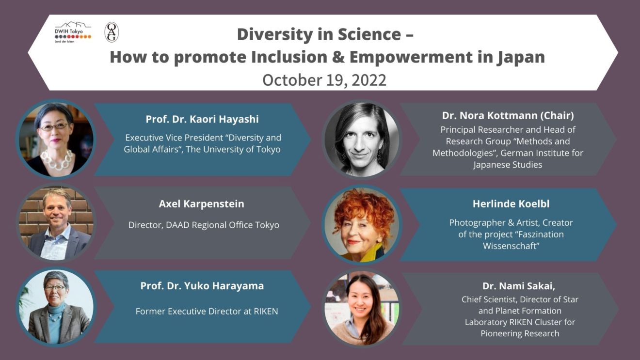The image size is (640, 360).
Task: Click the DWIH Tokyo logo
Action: tap(73, 32)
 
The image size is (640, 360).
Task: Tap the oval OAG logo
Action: tap(112, 32)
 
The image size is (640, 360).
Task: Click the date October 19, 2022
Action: tap(324, 80)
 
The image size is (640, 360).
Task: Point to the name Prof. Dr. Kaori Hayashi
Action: tap(202, 119)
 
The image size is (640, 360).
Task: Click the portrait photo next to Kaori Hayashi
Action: tap(56, 140)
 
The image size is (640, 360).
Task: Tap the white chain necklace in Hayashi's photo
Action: tap(57, 160)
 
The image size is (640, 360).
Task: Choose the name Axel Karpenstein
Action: tap(201, 204)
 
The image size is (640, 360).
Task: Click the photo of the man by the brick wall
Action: tap(56, 223)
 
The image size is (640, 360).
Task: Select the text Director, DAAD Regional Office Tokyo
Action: tap(204, 225)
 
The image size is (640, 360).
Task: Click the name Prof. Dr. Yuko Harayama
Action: tap(202, 286)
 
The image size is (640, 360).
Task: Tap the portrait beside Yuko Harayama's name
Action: tap(56, 307)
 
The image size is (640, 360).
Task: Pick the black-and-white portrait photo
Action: tap(362, 140)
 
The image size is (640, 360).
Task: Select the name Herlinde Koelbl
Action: tap(511, 204)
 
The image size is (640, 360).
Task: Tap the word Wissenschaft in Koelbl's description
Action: tap(511, 246)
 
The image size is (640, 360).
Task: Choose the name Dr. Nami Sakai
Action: tap(519, 286)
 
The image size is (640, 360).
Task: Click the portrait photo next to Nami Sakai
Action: tap(362, 308)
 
